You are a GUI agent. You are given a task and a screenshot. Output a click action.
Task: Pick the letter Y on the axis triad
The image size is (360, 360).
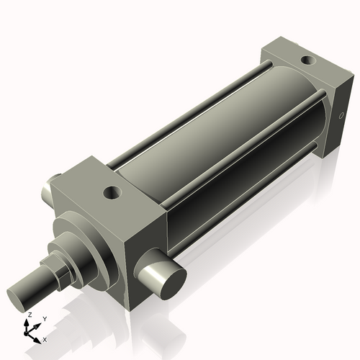pos(44,318)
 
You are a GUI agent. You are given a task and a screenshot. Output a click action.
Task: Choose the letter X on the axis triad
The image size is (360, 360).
pos(45,338)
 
